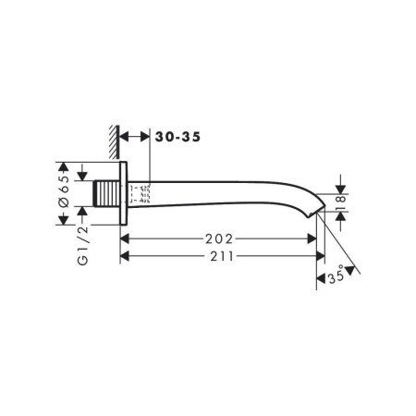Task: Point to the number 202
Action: click(219, 238)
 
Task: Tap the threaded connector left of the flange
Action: click(107, 194)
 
